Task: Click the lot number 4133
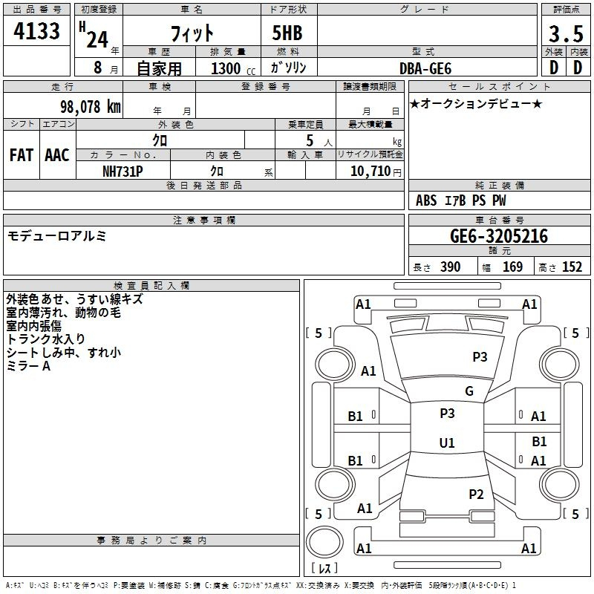[36, 31]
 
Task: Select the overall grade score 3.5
[566, 33]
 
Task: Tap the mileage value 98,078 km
[91, 107]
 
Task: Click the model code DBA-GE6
[425, 68]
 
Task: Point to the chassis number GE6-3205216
[499, 236]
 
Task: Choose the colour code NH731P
[123, 172]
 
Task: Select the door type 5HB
[287, 33]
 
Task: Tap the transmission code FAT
[22, 155]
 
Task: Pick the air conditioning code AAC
[57, 155]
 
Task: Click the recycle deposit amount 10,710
[371, 172]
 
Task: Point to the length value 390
[451, 267]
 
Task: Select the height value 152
[572, 267]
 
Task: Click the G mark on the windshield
[469, 391]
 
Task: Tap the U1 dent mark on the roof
[447, 443]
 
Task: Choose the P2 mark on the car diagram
[476, 494]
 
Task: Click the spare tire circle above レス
[324, 542]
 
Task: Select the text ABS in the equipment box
[426, 200]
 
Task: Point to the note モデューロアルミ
[57, 236]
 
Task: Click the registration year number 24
[97, 39]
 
